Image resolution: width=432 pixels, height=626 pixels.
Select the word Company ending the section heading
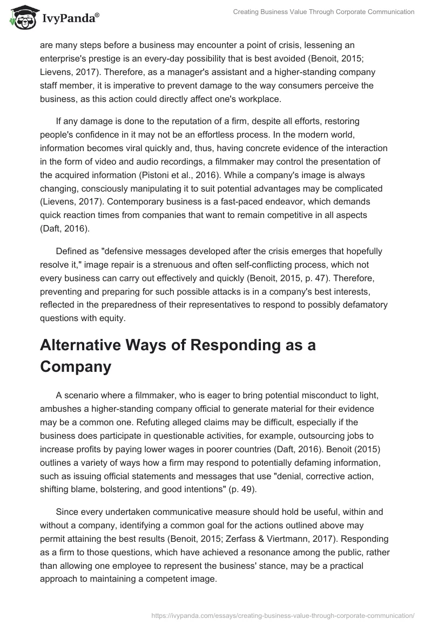pos(76,367)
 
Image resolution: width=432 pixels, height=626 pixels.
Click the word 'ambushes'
pos(63,409)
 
